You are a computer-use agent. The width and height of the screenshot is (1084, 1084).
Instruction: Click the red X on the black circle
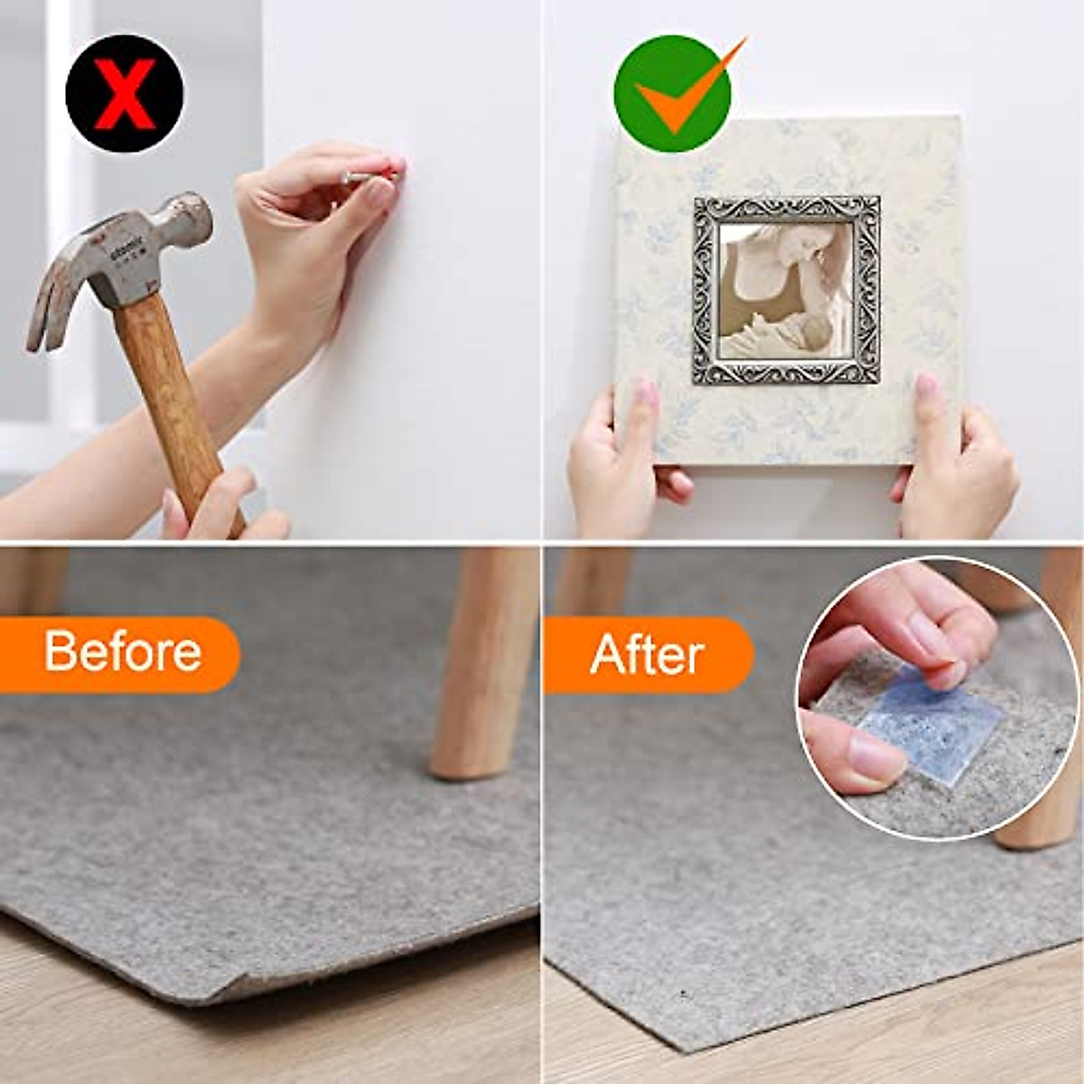click(x=125, y=93)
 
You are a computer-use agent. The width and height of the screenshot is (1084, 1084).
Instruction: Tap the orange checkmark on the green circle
click(x=679, y=94)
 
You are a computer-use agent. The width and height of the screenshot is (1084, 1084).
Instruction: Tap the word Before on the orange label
click(x=123, y=651)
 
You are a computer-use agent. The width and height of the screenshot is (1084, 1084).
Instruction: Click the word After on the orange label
click(x=647, y=654)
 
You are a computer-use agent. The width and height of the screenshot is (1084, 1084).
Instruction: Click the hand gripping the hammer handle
click(x=221, y=510)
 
